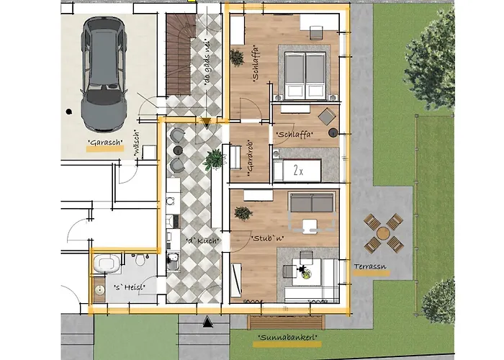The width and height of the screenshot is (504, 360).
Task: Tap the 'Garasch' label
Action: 105,143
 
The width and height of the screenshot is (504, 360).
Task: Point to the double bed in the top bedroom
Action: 307,75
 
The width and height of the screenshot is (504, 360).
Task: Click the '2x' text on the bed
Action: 298,171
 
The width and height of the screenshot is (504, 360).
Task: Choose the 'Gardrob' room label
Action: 249,160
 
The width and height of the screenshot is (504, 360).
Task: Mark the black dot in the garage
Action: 68,112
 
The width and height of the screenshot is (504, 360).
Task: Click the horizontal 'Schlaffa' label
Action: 294,134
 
